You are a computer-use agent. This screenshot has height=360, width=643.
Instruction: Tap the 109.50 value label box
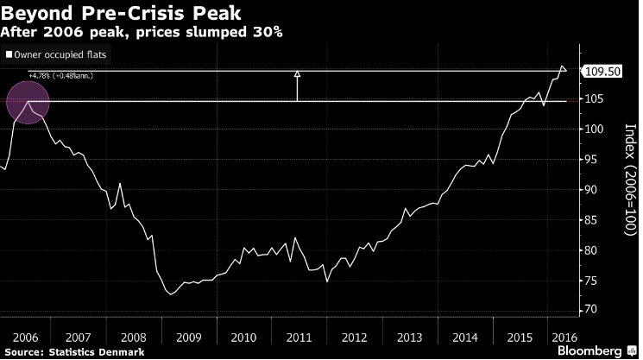point(601,72)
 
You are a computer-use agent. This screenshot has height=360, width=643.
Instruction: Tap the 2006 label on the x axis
point(24,336)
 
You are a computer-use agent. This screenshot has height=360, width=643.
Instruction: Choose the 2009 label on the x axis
point(188,336)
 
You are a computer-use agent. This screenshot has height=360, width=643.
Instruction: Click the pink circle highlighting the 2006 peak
point(28,102)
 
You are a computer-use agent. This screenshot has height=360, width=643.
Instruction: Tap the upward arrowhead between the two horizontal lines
point(297,75)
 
